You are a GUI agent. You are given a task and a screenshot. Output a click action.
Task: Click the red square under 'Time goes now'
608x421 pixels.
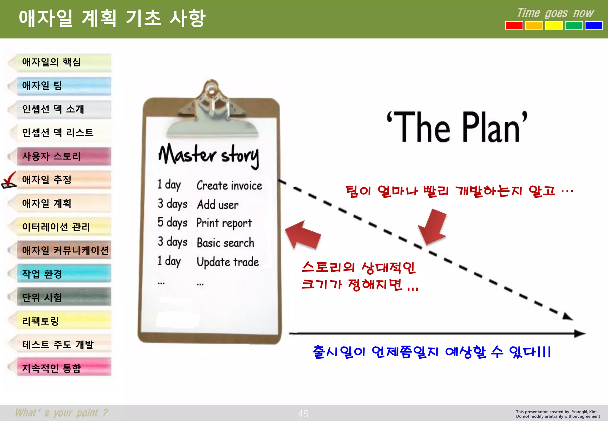[514, 26]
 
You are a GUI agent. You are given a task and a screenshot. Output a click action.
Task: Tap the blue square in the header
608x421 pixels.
[593, 26]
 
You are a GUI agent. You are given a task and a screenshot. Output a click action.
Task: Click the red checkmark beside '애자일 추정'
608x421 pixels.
[9, 179]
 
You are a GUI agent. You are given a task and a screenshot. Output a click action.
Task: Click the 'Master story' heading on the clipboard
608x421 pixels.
[209, 155]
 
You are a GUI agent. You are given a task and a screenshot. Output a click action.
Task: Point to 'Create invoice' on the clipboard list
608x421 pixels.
[229, 186]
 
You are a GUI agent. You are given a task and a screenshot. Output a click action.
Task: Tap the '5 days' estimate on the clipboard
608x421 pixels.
[172, 223]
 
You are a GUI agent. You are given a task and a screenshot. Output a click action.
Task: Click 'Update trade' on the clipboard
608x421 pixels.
[228, 262]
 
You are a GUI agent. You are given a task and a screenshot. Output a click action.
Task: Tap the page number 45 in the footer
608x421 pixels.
[303, 414]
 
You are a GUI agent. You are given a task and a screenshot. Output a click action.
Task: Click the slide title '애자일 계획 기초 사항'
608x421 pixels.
[112, 18]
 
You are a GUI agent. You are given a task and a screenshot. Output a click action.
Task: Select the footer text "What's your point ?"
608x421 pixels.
[61, 413]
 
